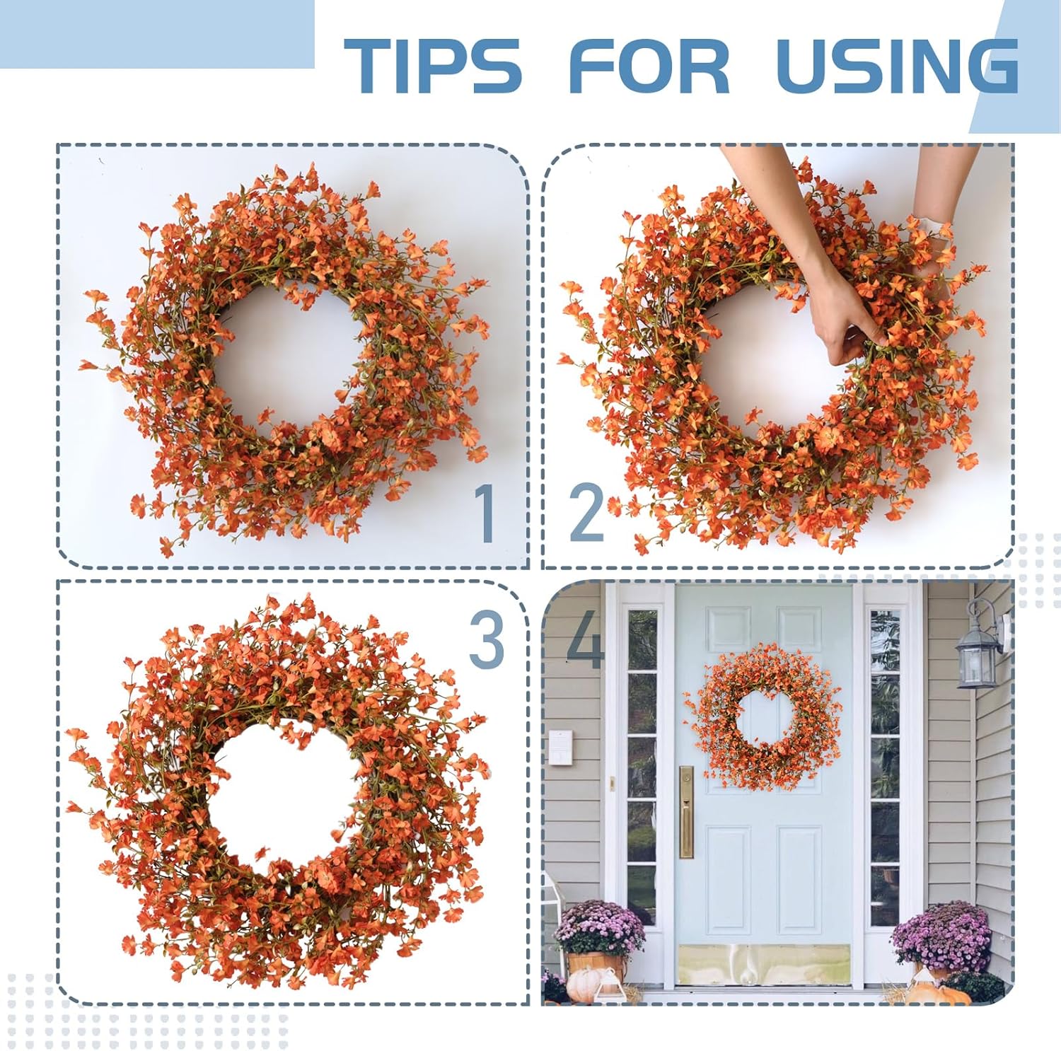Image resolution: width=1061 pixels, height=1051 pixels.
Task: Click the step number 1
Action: click(486, 514)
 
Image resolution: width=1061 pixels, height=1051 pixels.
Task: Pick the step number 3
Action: click(487, 641)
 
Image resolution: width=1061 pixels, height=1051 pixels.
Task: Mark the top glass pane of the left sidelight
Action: click(642, 640)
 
